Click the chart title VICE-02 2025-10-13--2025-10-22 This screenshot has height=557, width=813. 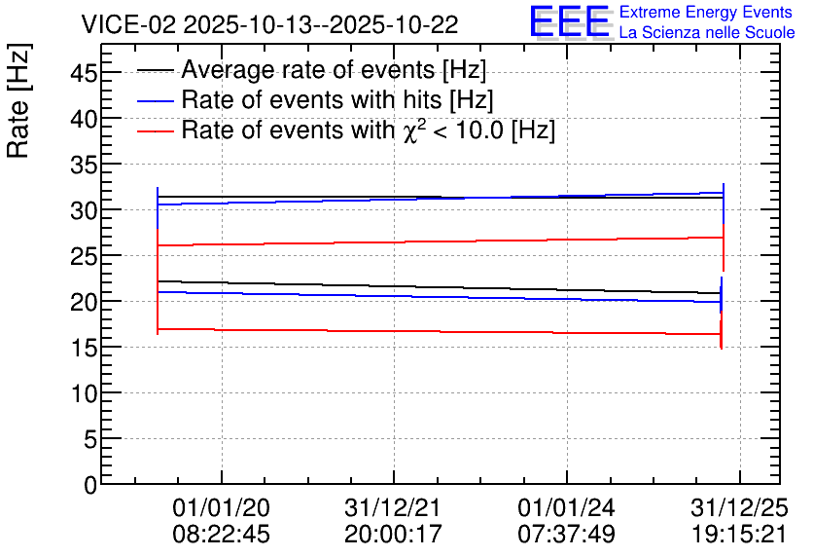269,24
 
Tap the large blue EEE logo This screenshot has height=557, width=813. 570,21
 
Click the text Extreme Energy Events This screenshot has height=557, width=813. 706,12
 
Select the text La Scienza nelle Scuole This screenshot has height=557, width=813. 707,33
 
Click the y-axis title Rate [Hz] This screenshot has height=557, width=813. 18,100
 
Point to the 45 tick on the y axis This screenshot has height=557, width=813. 84,73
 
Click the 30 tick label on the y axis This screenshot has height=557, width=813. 84,210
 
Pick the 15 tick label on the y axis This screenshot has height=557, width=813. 84,349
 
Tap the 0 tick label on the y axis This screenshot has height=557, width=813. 90,485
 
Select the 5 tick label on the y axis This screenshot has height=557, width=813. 90,440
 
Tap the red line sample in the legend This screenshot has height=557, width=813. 155,131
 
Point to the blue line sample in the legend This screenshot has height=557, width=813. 155,101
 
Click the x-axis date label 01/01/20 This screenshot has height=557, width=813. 222,507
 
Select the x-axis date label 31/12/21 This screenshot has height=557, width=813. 393,507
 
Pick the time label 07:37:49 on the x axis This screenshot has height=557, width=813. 567,534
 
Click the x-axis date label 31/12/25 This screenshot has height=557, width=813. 739,507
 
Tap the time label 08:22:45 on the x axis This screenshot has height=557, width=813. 222,534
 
